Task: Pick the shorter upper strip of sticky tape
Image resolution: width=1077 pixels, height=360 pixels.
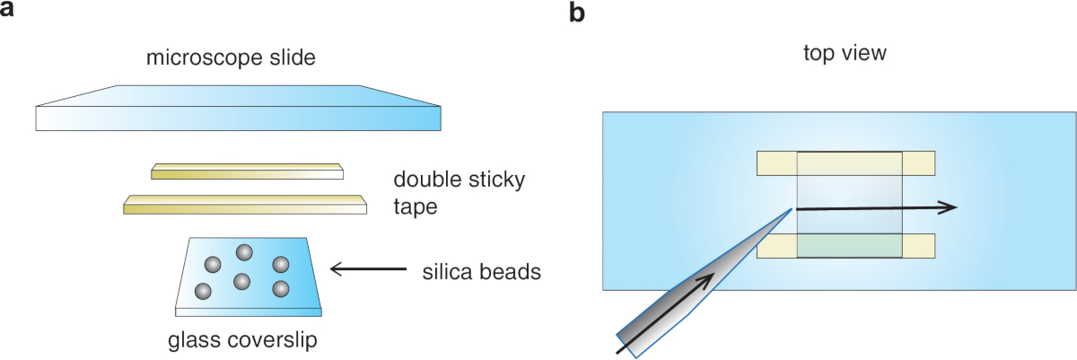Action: (x=247, y=171)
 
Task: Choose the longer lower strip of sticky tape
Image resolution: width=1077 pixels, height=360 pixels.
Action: (x=245, y=205)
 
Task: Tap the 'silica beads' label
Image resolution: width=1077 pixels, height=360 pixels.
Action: (x=481, y=270)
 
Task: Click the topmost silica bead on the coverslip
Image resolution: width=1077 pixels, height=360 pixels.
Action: (x=242, y=252)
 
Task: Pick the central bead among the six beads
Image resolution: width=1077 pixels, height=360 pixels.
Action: (x=241, y=281)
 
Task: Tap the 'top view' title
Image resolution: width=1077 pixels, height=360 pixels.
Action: (x=845, y=54)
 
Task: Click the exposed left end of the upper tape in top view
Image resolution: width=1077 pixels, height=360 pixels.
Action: (x=777, y=163)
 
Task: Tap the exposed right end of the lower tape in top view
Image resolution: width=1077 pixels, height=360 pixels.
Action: (x=918, y=245)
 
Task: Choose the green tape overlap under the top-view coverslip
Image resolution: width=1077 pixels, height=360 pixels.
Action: (x=849, y=245)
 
